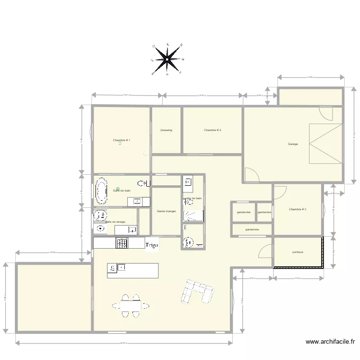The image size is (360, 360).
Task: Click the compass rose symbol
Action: click(x=167, y=60)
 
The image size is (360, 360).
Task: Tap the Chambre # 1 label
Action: click(x=121, y=140)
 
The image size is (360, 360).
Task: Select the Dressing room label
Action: click(x=166, y=130)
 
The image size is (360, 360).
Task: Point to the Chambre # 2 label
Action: click(x=212, y=130)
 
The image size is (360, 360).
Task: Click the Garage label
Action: click(x=293, y=144)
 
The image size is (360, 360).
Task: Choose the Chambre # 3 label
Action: click(x=298, y=209)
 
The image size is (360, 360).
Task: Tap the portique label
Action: click(x=298, y=252)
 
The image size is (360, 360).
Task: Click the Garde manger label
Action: click(x=166, y=211)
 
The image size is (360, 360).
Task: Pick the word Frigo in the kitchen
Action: click(x=152, y=245)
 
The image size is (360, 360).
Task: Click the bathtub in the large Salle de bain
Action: click(x=101, y=192)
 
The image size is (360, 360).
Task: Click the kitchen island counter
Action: click(x=132, y=270)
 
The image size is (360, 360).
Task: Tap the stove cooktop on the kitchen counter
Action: click(x=122, y=243)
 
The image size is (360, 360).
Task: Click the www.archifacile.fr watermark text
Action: click(x=330, y=342)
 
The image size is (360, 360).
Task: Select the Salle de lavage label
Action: click(x=115, y=222)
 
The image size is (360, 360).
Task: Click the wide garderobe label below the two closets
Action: click(x=252, y=229)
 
